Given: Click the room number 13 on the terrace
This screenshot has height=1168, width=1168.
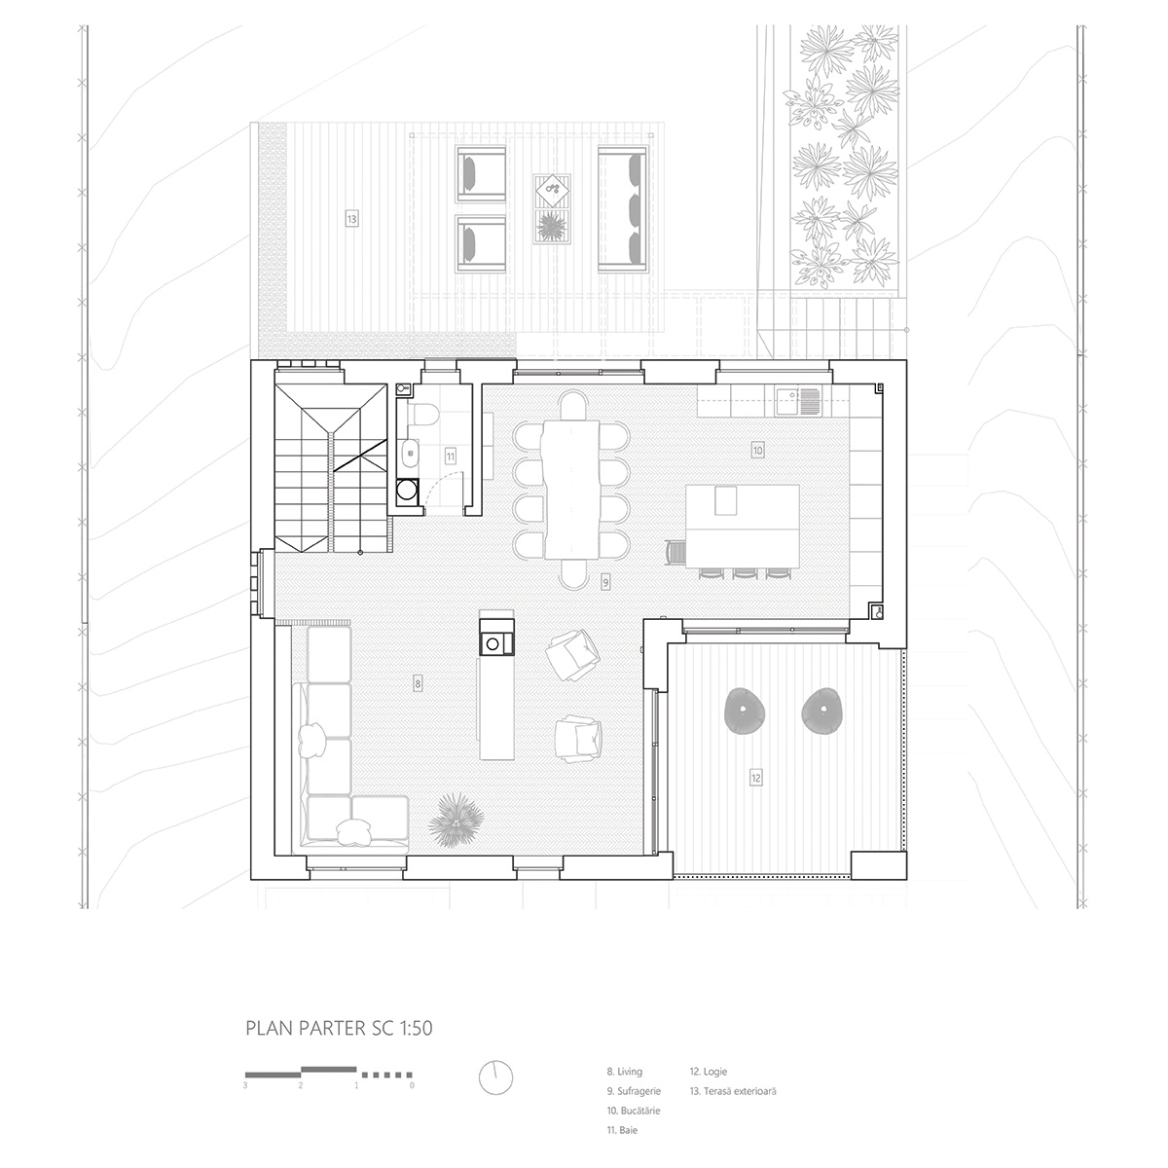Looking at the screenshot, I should click(x=351, y=219).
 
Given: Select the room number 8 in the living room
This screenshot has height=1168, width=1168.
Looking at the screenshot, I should click(x=418, y=684).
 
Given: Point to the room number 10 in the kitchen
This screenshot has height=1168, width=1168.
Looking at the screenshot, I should click(x=756, y=450).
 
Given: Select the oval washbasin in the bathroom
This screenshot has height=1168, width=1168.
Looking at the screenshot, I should click(x=410, y=453).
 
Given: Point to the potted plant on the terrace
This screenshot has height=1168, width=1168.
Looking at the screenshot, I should click(x=551, y=225).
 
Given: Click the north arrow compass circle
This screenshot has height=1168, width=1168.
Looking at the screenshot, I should click(x=495, y=1077).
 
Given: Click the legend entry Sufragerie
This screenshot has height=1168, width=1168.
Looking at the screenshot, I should click(x=639, y=1091).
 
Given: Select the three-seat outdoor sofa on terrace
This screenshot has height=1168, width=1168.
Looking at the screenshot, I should click(x=623, y=207).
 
